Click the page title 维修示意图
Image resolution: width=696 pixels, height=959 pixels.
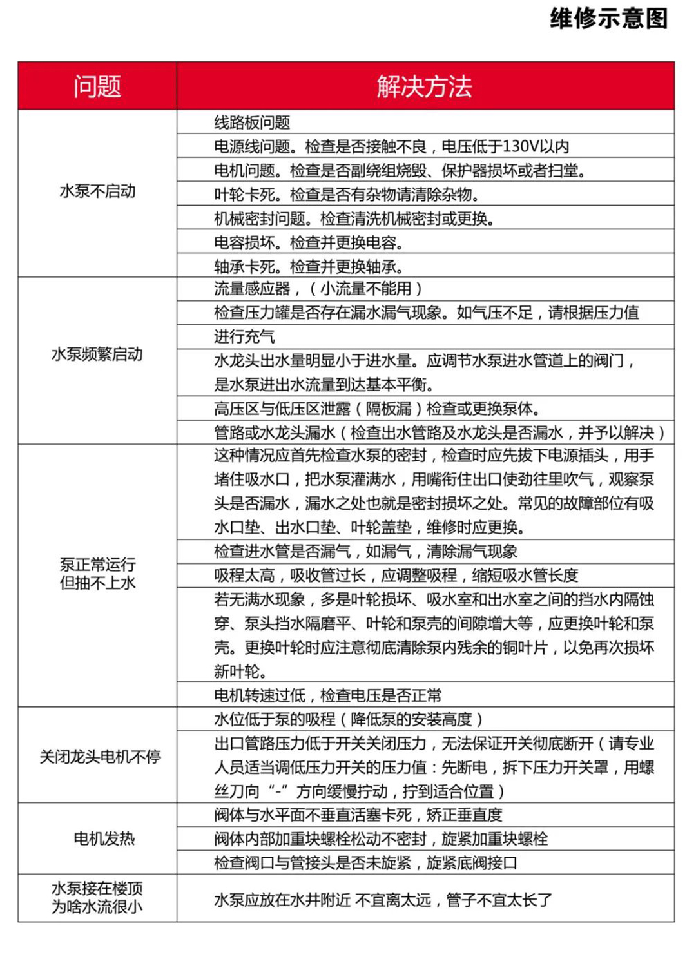pos(608,19)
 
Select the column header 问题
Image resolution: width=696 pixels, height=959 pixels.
pos(97,86)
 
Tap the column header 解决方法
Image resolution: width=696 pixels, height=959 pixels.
pos(425,86)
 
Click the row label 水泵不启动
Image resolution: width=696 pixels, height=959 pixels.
pos(97,191)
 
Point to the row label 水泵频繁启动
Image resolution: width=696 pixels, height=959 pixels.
pos(97,354)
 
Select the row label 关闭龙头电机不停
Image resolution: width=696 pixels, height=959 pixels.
pos(100,757)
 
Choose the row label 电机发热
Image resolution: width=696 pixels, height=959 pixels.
pos(104,838)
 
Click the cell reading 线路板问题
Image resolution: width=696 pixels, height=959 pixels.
pos(252,122)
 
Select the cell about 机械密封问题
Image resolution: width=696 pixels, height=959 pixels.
pos(354,218)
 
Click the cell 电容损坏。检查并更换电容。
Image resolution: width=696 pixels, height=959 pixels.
pos(309,243)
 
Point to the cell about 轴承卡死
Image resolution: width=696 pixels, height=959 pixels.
pos(309,267)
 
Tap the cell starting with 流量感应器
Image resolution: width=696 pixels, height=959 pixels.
pos(318,289)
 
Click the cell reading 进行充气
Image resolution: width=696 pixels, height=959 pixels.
pos(244,336)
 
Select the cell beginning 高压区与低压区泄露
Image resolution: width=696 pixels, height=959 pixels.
pos(377,409)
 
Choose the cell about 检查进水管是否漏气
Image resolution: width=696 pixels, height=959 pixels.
pos(365,552)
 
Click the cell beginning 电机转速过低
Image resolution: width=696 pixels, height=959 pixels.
pos(328,695)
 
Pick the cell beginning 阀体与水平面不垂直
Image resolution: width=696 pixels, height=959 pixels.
pos(358,815)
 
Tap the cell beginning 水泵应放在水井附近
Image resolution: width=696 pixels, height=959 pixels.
pos(383,900)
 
